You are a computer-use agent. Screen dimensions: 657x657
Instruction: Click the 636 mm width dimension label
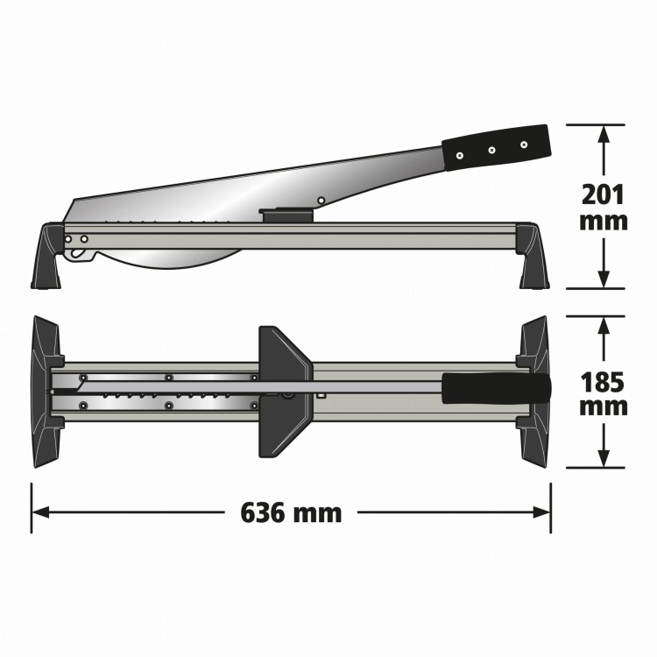point(291,512)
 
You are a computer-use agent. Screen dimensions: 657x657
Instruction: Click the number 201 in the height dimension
point(604,194)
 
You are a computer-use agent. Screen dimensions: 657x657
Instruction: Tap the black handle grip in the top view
point(496,387)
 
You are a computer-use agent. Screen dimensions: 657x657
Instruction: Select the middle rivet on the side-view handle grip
point(491,149)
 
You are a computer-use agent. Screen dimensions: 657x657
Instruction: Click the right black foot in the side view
point(533,257)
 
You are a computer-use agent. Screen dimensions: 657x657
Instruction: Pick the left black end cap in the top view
point(46,391)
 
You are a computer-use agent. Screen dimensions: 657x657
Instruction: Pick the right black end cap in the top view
point(535,391)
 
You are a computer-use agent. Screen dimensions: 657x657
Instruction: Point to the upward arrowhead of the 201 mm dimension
point(604,133)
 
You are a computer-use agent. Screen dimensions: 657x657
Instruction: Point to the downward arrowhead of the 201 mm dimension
point(604,279)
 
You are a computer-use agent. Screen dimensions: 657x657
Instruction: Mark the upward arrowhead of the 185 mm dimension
point(604,326)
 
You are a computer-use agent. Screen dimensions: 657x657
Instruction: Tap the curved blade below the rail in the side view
point(175,256)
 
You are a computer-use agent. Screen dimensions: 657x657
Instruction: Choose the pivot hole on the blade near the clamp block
point(321,201)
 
